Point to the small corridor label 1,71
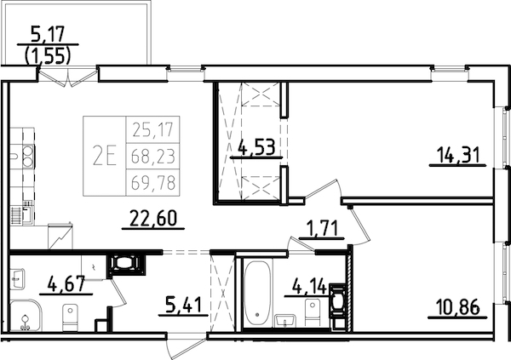point(322,228)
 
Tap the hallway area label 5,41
point(185,302)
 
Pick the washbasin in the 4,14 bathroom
point(287,320)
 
